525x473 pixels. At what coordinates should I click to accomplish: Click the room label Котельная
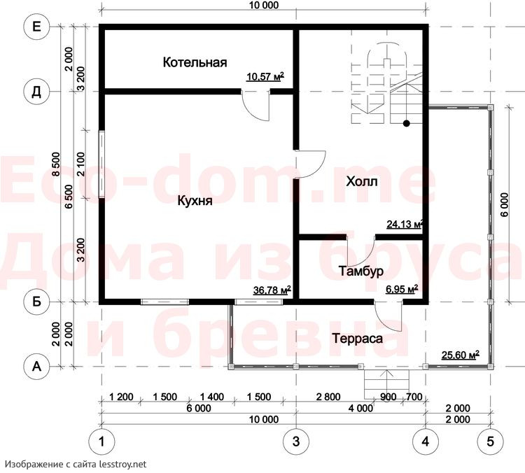[x=195, y=62]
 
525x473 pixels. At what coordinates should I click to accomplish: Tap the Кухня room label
[x=195, y=201]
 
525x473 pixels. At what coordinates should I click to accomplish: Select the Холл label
[x=362, y=181]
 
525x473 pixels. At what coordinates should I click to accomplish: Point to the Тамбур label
[x=361, y=271]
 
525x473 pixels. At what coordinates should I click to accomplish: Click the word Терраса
[x=357, y=339]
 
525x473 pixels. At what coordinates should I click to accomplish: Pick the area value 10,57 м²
[x=265, y=76]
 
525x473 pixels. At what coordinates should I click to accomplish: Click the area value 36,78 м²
[x=272, y=290]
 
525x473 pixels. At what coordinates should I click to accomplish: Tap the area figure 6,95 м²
[x=402, y=289]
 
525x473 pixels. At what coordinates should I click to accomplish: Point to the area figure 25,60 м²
[x=461, y=355]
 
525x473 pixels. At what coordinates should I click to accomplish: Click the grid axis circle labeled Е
[x=36, y=27]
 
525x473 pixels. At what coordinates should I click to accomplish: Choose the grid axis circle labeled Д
[x=36, y=92]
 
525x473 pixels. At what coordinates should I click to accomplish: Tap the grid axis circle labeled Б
[x=36, y=302]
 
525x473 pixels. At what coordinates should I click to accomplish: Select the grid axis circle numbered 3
[x=296, y=442]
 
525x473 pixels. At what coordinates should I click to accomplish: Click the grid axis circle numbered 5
[x=490, y=442]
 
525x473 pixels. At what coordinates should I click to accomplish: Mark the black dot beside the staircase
[x=407, y=124]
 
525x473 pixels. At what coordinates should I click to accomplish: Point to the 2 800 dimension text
[x=328, y=397]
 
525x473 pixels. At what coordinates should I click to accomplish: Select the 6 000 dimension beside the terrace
[x=505, y=204]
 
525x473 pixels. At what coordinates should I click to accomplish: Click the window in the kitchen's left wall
[x=101, y=164]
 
